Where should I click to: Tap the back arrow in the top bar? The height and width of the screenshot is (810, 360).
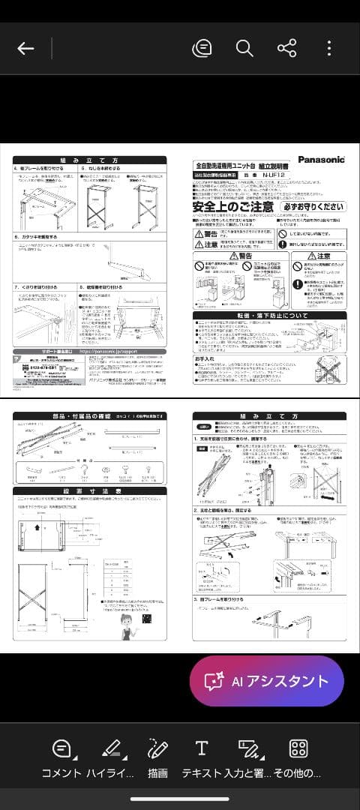25,49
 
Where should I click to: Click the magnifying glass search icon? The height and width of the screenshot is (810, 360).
244,49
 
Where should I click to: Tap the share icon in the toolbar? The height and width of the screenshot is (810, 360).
286,49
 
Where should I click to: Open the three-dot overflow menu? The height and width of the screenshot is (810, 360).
328,49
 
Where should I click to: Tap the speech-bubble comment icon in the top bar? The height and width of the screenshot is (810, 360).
201,49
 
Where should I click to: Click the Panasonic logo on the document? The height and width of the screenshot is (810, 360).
321,159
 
